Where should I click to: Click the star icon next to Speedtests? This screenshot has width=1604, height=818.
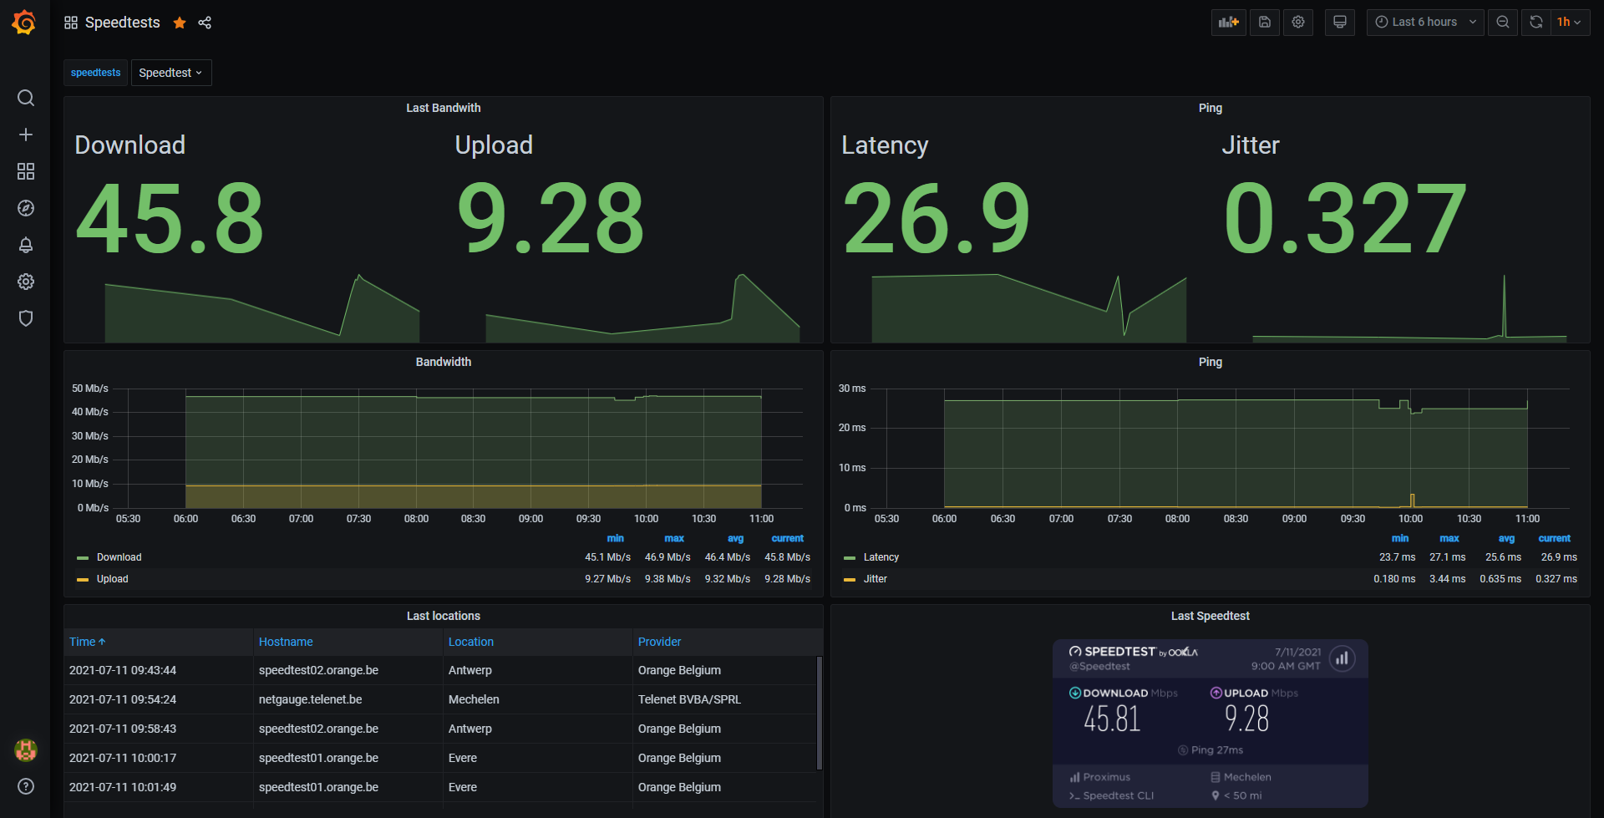tap(180, 23)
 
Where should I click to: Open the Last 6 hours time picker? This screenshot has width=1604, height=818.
tap(1425, 23)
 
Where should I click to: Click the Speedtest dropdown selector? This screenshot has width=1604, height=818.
tap(170, 73)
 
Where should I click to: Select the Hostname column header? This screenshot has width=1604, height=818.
tap(286, 642)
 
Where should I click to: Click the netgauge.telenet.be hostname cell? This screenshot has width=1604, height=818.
tap(310, 699)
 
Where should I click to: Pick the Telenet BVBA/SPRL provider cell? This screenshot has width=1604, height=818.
tap(689, 699)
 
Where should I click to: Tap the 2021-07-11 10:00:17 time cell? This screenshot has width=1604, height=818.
tap(123, 758)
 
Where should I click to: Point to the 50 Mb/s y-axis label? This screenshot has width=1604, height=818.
tap(90, 389)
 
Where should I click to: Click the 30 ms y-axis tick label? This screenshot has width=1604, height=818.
tap(852, 389)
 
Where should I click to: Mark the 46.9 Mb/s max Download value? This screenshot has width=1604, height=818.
tap(667, 557)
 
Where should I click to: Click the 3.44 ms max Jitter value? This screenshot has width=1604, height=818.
tap(1448, 579)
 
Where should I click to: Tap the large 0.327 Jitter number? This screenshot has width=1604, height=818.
tap(1345, 219)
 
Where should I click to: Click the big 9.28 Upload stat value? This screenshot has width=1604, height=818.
tap(551, 219)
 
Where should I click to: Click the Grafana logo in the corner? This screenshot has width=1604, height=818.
tap(24, 23)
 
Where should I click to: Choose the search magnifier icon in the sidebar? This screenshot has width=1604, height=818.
tap(26, 98)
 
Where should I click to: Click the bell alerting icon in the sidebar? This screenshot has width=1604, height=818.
tap(26, 245)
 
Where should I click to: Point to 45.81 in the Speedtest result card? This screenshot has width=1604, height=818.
tap(1112, 719)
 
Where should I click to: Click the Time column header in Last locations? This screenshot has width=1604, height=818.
tap(88, 642)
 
